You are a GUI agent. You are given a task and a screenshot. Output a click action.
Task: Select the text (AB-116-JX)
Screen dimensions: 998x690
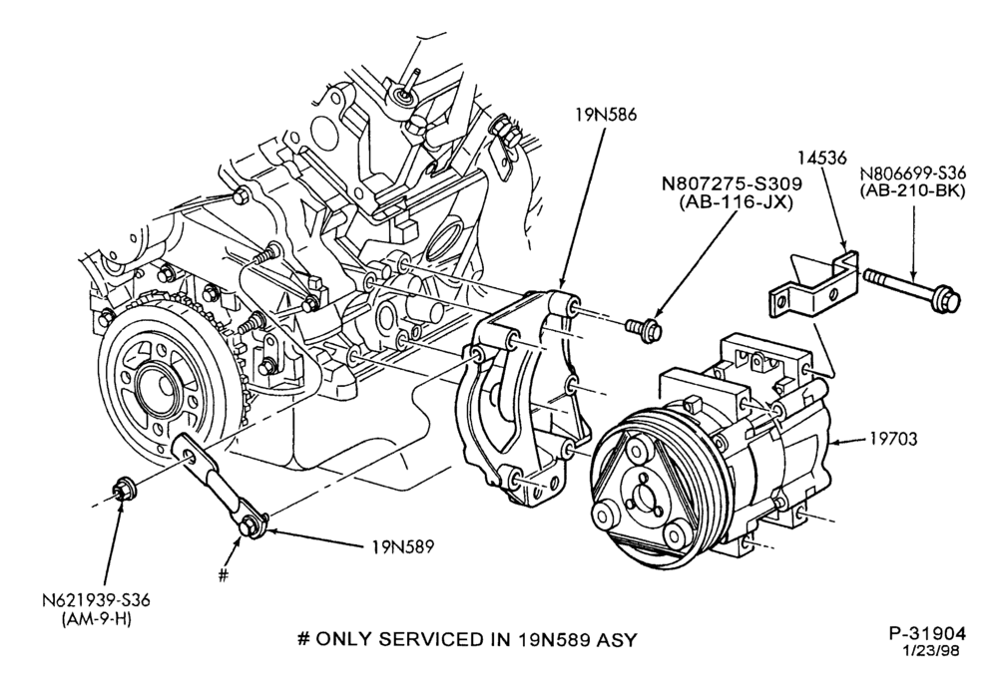point(732,204)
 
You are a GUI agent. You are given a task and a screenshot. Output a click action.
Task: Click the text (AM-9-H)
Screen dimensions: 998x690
point(97,620)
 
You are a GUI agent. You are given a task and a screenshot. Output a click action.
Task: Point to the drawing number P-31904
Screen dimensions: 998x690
point(927,633)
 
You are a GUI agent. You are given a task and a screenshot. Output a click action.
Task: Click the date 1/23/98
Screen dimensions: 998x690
point(930,650)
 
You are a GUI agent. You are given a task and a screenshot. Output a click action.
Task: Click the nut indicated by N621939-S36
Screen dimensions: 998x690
point(121,493)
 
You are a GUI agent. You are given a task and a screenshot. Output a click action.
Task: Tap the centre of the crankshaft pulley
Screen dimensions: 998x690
point(155,386)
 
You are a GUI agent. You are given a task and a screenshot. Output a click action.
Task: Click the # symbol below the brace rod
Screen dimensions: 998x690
point(223,575)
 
